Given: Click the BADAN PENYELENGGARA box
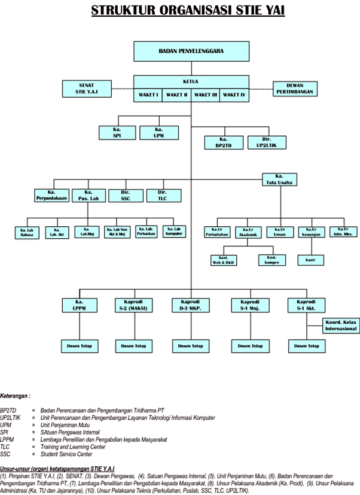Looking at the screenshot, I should [191, 51].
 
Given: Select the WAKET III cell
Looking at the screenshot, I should [206, 95].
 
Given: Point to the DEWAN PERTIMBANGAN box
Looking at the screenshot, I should [295, 89].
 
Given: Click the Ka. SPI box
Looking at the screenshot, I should [117, 133].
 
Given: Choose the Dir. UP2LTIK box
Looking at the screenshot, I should [266, 142].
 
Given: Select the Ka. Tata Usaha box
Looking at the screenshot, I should [279, 180].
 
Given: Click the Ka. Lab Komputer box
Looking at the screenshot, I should [174, 231].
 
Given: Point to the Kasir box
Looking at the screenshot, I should [310, 260].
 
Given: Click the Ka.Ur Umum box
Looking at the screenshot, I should [279, 232].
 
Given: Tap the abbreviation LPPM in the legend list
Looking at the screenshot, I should [8, 439].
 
